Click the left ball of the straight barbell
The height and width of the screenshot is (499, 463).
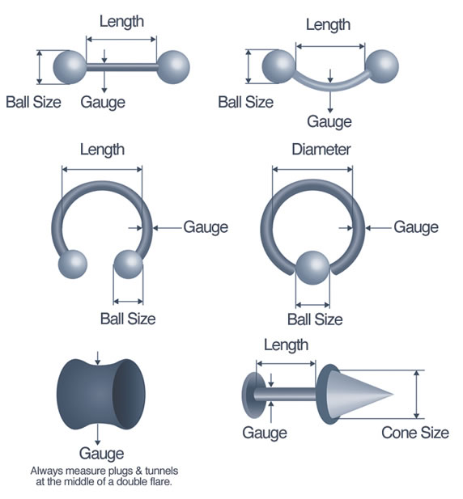click(x=70, y=67)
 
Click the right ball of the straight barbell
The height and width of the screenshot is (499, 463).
click(x=173, y=67)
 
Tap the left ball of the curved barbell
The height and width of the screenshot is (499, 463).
click(x=278, y=66)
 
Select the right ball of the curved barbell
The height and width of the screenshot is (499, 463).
click(x=382, y=66)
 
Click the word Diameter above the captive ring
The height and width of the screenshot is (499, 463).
click(x=321, y=150)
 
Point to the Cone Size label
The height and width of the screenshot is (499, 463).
click(x=415, y=433)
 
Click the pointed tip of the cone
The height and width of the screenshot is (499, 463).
click(x=393, y=394)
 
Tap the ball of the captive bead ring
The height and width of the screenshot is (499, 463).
click(x=312, y=268)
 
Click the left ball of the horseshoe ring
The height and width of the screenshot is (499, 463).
click(x=73, y=264)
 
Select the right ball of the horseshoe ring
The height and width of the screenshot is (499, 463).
click(x=129, y=264)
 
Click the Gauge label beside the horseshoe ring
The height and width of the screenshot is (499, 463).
click(x=206, y=227)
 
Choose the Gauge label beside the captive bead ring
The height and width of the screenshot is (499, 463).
click(x=416, y=227)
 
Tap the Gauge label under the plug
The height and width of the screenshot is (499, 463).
click(x=101, y=454)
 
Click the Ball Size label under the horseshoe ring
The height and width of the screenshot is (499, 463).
click(x=128, y=319)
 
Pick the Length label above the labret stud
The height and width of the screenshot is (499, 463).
click(x=287, y=345)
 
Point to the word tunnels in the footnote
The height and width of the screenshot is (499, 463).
click(x=161, y=471)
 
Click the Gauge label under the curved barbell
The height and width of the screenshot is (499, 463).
click(x=329, y=122)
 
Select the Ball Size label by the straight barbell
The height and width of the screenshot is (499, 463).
click(x=33, y=103)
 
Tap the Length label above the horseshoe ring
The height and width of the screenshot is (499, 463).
click(x=102, y=150)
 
